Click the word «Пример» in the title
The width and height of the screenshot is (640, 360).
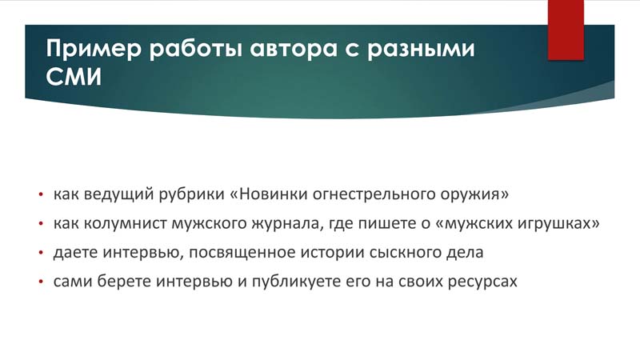pyautogui.click(x=94, y=49)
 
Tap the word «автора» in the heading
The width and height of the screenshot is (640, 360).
pyautogui.click(x=293, y=49)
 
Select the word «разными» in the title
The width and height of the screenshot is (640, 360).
pyautogui.click(x=421, y=49)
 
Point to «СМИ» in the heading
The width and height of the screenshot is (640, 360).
pyautogui.click(x=74, y=76)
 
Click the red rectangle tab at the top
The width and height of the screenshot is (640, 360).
pyautogui.click(x=566, y=30)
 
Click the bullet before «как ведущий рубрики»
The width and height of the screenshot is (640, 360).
pyautogui.click(x=41, y=194)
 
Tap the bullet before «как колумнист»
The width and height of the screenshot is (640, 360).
pyautogui.click(x=41, y=224)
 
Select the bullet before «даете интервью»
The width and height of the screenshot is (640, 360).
pyautogui.click(x=41, y=253)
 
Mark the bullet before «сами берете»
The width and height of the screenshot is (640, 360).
pyautogui.click(x=41, y=282)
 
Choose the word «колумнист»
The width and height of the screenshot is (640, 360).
pyautogui.click(x=126, y=224)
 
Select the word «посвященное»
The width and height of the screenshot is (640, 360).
pyautogui.click(x=242, y=253)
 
